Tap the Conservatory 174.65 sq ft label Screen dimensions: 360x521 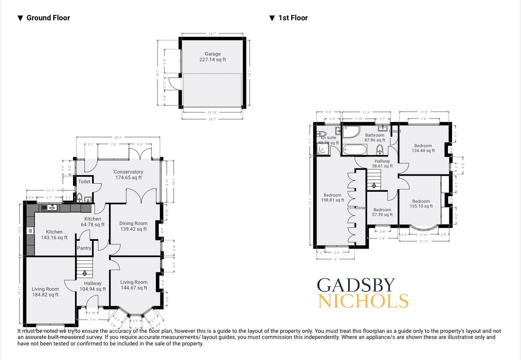[128, 175]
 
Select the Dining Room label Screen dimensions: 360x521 [133, 226]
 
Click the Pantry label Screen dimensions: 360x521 [84, 248]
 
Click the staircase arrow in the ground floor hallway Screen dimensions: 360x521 [84, 273]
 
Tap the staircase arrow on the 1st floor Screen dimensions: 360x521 [374, 185]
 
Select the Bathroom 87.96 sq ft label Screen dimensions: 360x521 [375, 138]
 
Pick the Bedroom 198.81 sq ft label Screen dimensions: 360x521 [332, 197]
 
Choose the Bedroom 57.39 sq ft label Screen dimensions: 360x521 [382, 212]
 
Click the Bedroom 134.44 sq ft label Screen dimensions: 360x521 [423, 148]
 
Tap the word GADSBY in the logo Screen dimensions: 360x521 [356, 285]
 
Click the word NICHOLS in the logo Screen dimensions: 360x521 [363, 301]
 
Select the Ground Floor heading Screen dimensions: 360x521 [48, 18]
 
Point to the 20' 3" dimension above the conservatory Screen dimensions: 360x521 [118, 138]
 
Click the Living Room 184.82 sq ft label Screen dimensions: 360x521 [45, 292]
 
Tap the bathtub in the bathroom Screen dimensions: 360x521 [355, 150]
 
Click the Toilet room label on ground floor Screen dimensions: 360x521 [84, 182]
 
